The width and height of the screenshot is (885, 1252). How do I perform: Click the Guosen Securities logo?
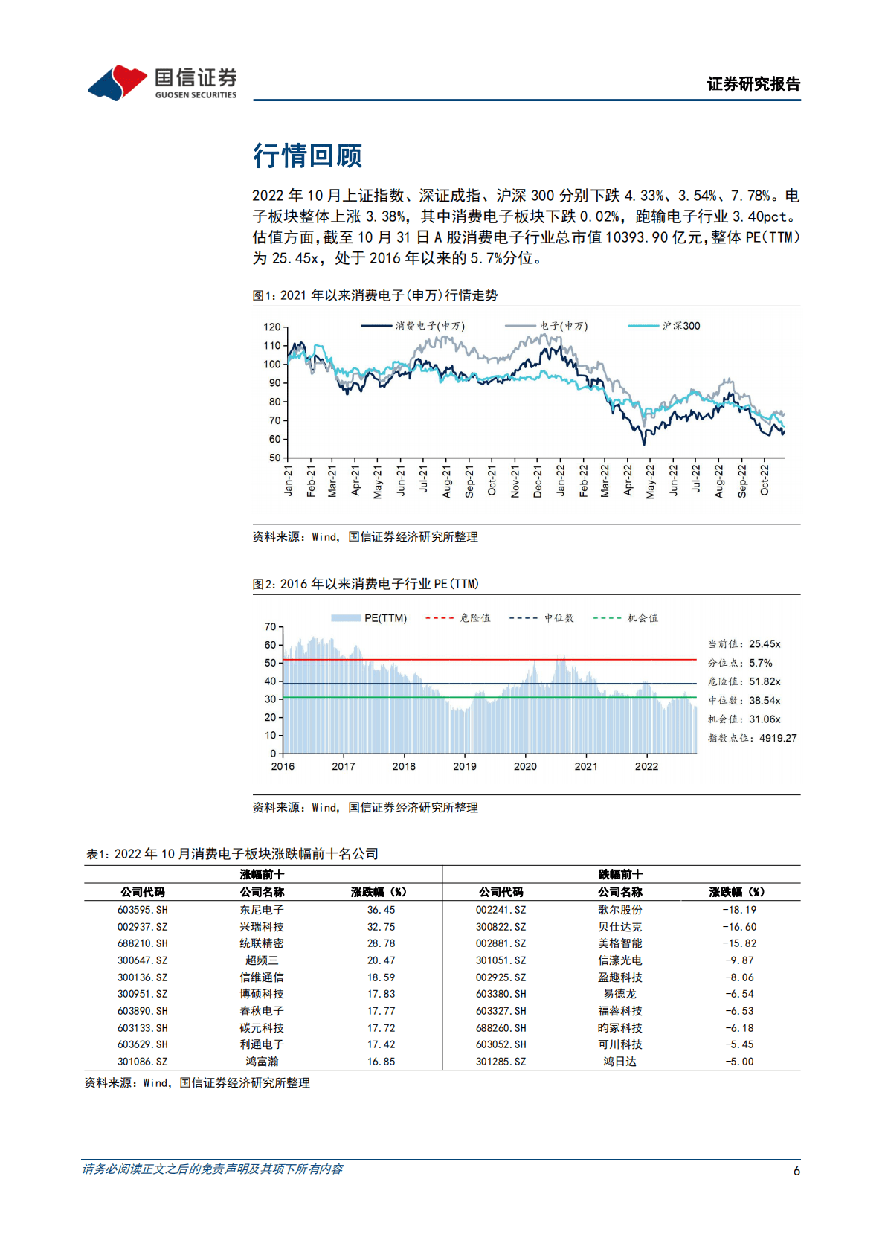pos(162,82)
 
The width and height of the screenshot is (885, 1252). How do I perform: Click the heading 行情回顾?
pos(307,155)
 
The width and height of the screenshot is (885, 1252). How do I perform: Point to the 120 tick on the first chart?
pos(272,327)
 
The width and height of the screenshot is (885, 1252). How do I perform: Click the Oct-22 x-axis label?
pos(765,480)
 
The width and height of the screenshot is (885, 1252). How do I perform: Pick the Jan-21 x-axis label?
pos(289,481)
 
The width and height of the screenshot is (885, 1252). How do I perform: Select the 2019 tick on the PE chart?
pos(465,766)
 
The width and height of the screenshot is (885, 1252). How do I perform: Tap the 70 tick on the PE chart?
pos(270,626)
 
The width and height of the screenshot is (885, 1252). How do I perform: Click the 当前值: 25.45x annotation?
pos(744,644)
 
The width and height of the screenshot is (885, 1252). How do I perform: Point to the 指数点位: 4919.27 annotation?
pos(752,738)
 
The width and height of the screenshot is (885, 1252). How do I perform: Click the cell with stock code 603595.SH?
pos(142,910)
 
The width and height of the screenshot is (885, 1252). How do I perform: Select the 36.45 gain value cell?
pos(381,910)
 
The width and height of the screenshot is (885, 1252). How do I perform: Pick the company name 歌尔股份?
pos(619,910)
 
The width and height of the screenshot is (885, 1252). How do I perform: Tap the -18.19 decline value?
pos(739,910)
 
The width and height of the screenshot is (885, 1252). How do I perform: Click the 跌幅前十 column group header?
pos(620,874)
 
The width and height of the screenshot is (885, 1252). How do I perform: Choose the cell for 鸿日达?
pos(619,1062)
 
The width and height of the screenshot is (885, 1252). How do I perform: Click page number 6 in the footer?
pos(796,1171)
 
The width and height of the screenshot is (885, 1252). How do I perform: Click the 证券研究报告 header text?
pos(753,84)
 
